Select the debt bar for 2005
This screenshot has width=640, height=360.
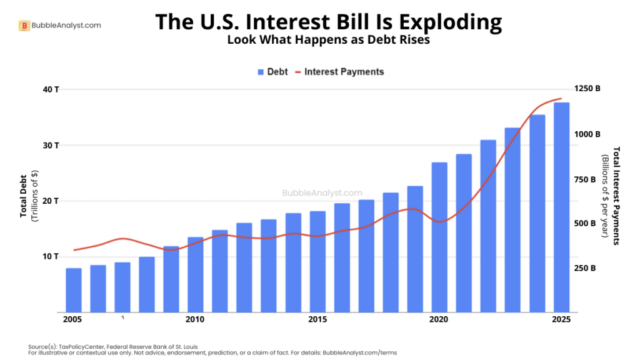pyautogui.click(x=74, y=290)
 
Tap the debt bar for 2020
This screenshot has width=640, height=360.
pyautogui.click(x=439, y=237)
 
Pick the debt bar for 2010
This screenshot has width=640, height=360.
pyautogui.click(x=196, y=275)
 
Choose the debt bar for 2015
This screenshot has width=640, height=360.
pyautogui.click(x=317, y=262)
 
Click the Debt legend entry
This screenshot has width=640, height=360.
pyautogui.click(x=272, y=72)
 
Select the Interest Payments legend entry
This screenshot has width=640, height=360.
pyautogui.click(x=344, y=72)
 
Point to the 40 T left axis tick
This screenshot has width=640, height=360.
pyautogui.click(x=51, y=89)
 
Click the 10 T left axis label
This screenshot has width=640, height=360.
pyautogui.click(x=51, y=257)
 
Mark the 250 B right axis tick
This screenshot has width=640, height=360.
pyautogui.click(x=585, y=268)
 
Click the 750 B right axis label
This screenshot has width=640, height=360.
pyautogui.click(x=585, y=179)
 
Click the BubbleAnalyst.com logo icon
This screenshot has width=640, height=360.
pyautogui.click(x=24, y=26)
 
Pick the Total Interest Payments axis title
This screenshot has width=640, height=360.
pyautogui.click(x=616, y=195)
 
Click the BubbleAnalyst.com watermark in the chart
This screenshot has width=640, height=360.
pyautogui.click(x=322, y=194)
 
